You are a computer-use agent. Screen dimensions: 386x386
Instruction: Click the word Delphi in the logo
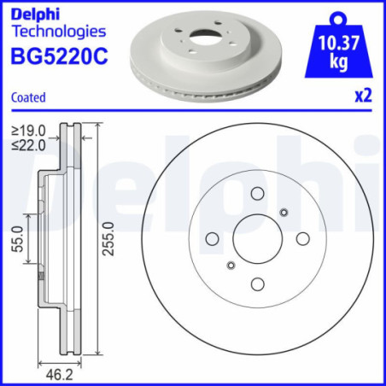coord(32,13)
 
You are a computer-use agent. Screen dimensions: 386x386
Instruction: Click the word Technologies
coord(58,32)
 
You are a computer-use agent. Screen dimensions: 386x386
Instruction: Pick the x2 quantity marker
coord(364,96)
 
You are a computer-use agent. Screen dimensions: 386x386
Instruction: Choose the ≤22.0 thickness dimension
coord(27,144)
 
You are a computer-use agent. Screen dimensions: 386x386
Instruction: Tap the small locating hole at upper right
coord(284,213)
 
